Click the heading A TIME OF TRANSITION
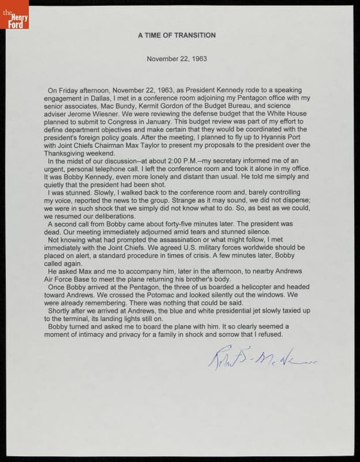177,35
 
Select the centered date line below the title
177,59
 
